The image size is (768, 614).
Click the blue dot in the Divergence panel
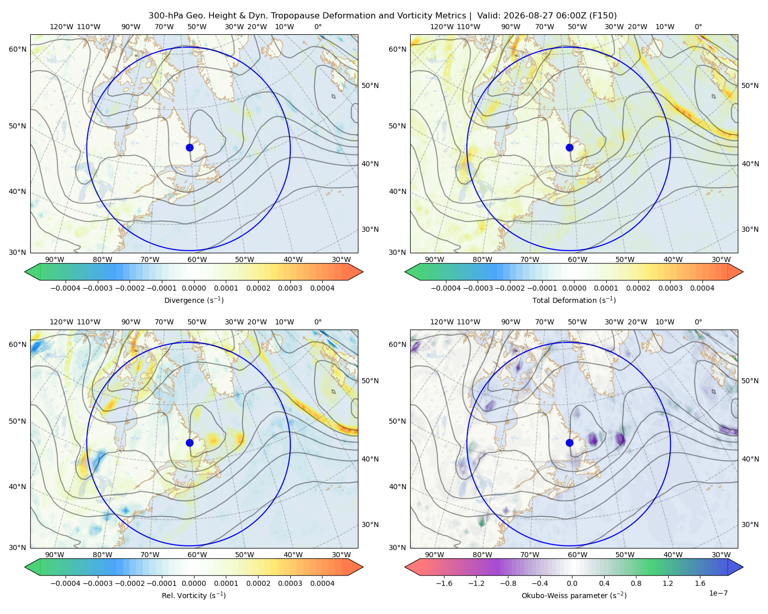[189, 147]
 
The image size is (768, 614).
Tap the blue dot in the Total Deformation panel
[569, 147]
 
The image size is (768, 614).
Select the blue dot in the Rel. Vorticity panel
[189, 443]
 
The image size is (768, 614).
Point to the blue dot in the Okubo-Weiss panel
[569, 443]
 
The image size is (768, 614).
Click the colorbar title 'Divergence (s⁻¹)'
[194, 300]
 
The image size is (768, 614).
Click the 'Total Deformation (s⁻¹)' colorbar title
[574, 300]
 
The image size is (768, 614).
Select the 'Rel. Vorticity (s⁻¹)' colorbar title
[194, 595]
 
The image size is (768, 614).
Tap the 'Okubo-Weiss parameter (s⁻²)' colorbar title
[574, 595]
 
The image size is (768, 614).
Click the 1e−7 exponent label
[718, 593]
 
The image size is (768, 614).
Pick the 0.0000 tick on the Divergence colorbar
[194, 288]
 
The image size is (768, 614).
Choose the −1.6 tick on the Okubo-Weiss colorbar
[444, 583]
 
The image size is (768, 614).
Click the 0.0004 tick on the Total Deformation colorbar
[702, 288]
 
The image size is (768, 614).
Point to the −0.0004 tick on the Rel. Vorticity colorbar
[66, 583]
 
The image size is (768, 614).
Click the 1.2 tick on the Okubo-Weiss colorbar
[668, 583]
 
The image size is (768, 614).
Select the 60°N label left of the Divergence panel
[17, 49]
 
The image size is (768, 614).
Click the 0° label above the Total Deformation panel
[698, 27]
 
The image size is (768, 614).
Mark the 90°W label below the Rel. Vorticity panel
[55, 555]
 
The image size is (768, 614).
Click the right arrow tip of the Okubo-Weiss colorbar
[743, 567]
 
